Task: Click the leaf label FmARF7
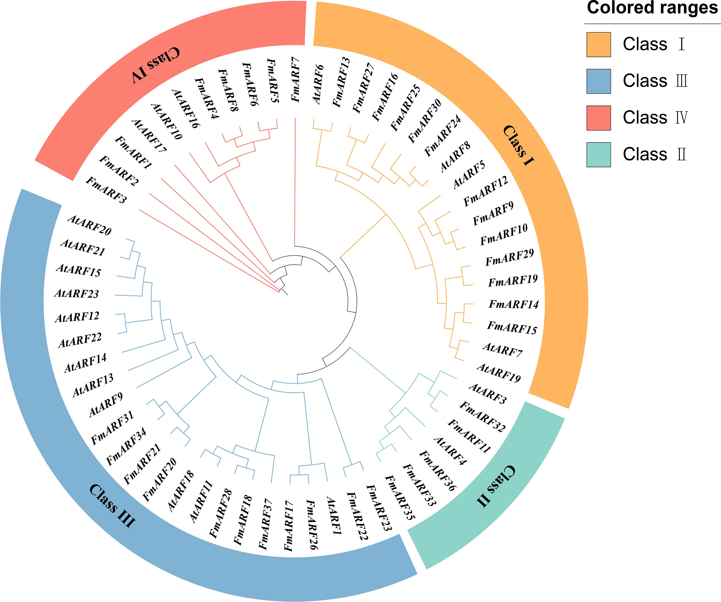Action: click(x=295, y=80)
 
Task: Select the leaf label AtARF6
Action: click(x=318, y=84)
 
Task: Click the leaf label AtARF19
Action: click(x=499, y=373)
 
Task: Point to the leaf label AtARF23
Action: click(x=76, y=293)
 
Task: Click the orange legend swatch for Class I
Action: click(x=598, y=44)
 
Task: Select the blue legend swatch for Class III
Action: click(x=598, y=81)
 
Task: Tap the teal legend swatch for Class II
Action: click(x=598, y=155)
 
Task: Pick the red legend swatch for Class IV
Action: click(x=598, y=118)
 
